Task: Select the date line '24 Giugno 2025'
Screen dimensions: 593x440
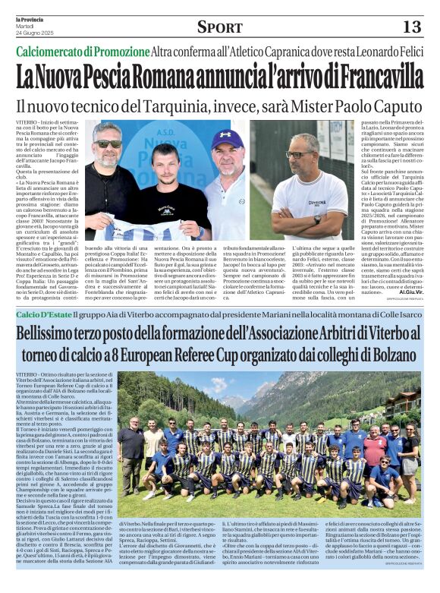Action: tap(36, 32)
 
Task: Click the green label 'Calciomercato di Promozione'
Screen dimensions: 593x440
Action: tap(83, 53)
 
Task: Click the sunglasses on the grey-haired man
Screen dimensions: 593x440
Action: tap(108, 143)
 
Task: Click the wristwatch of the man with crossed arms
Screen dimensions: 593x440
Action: tap(316, 219)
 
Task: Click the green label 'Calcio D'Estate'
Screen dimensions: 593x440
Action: tap(45, 314)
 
